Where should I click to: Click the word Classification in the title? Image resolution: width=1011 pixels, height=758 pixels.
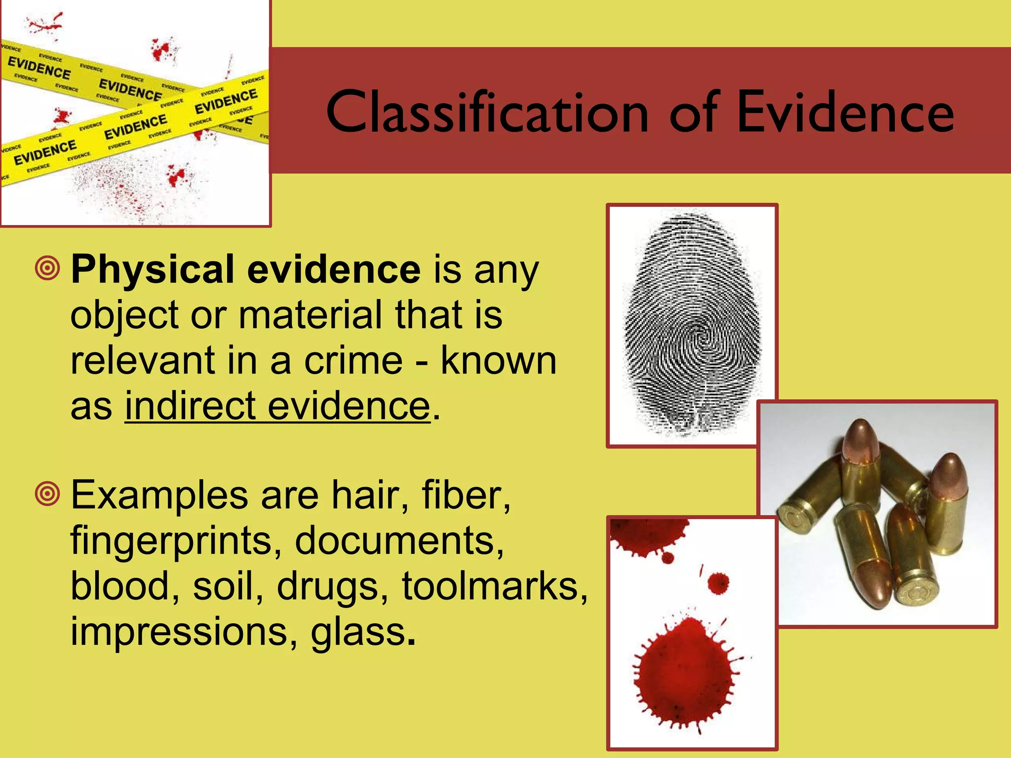487,113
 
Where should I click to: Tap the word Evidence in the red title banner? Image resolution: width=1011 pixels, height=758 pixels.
845,113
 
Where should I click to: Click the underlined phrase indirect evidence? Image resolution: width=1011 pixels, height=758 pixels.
277,406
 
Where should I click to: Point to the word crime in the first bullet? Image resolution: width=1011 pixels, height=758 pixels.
353,361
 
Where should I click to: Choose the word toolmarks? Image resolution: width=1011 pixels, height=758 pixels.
495,586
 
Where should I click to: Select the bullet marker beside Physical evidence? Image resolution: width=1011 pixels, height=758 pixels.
47,268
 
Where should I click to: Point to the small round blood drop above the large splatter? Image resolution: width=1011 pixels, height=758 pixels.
718,584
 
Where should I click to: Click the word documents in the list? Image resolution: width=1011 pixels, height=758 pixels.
399,540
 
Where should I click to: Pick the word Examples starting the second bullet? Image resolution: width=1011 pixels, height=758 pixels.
159,495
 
